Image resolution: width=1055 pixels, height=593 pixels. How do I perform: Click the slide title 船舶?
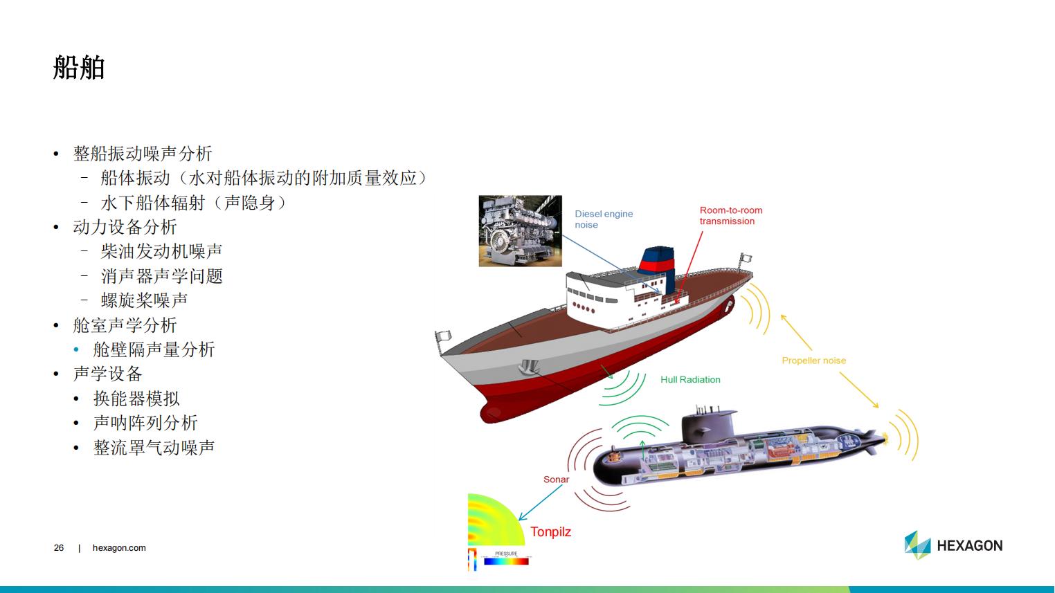pos(79,67)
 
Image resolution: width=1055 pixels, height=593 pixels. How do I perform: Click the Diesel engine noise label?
pos(604,219)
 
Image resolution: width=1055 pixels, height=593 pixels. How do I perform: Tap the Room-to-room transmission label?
pos(730,216)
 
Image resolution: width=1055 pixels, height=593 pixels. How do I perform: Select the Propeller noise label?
pos(814,361)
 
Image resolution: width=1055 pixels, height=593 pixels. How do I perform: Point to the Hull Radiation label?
pos(690,380)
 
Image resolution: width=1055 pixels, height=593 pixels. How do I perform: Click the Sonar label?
pos(557,479)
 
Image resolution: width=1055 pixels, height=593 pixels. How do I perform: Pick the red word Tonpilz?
pos(550,532)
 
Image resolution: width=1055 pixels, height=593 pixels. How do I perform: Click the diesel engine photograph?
pos(520,231)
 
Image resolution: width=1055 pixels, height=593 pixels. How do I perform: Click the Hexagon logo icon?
pos(917,545)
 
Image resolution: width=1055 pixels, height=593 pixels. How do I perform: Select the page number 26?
pos(59,548)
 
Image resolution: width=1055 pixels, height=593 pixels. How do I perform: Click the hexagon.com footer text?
pos(119,548)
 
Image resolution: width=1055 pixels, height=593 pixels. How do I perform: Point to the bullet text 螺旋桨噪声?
pos(144,300)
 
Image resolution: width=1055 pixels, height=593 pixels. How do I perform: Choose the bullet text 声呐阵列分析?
pos(145,423)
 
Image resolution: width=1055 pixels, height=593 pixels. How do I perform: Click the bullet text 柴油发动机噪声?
pos(161,251)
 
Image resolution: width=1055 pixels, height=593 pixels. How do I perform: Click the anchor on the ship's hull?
pos(529,367)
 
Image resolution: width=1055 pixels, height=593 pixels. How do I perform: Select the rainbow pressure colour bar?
pos(506,561)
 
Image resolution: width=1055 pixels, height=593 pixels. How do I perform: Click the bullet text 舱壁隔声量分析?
pos(154,349)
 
